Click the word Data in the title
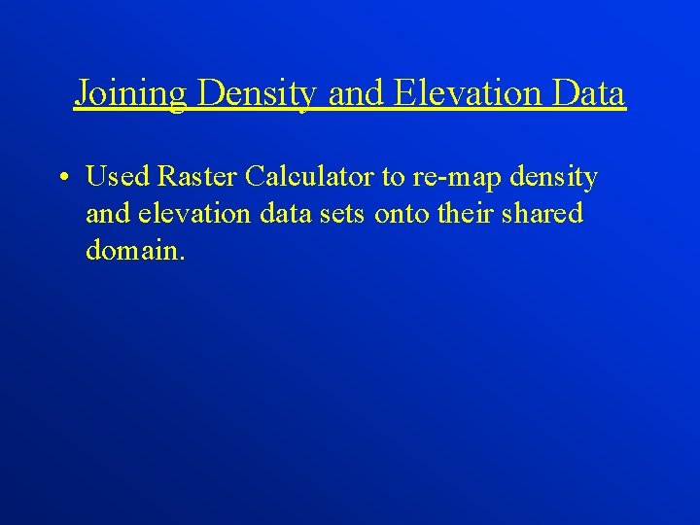(x=590, y=93)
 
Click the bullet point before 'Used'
(x=61, y=179)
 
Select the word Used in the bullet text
(x=116, y=177)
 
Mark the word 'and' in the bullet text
(x=106, y=213)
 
